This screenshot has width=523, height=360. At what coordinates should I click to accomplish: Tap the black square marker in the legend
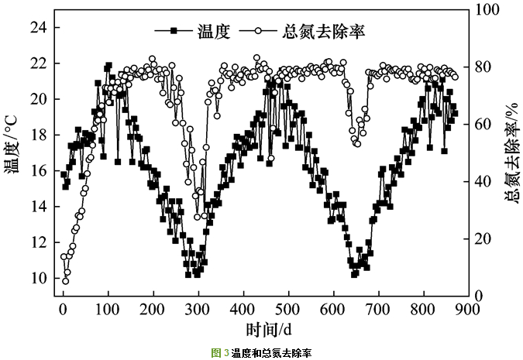coord(175,32)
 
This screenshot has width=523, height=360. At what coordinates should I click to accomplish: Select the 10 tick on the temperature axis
coord(39,279)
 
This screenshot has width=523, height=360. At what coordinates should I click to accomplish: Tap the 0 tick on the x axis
coord(63,310)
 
